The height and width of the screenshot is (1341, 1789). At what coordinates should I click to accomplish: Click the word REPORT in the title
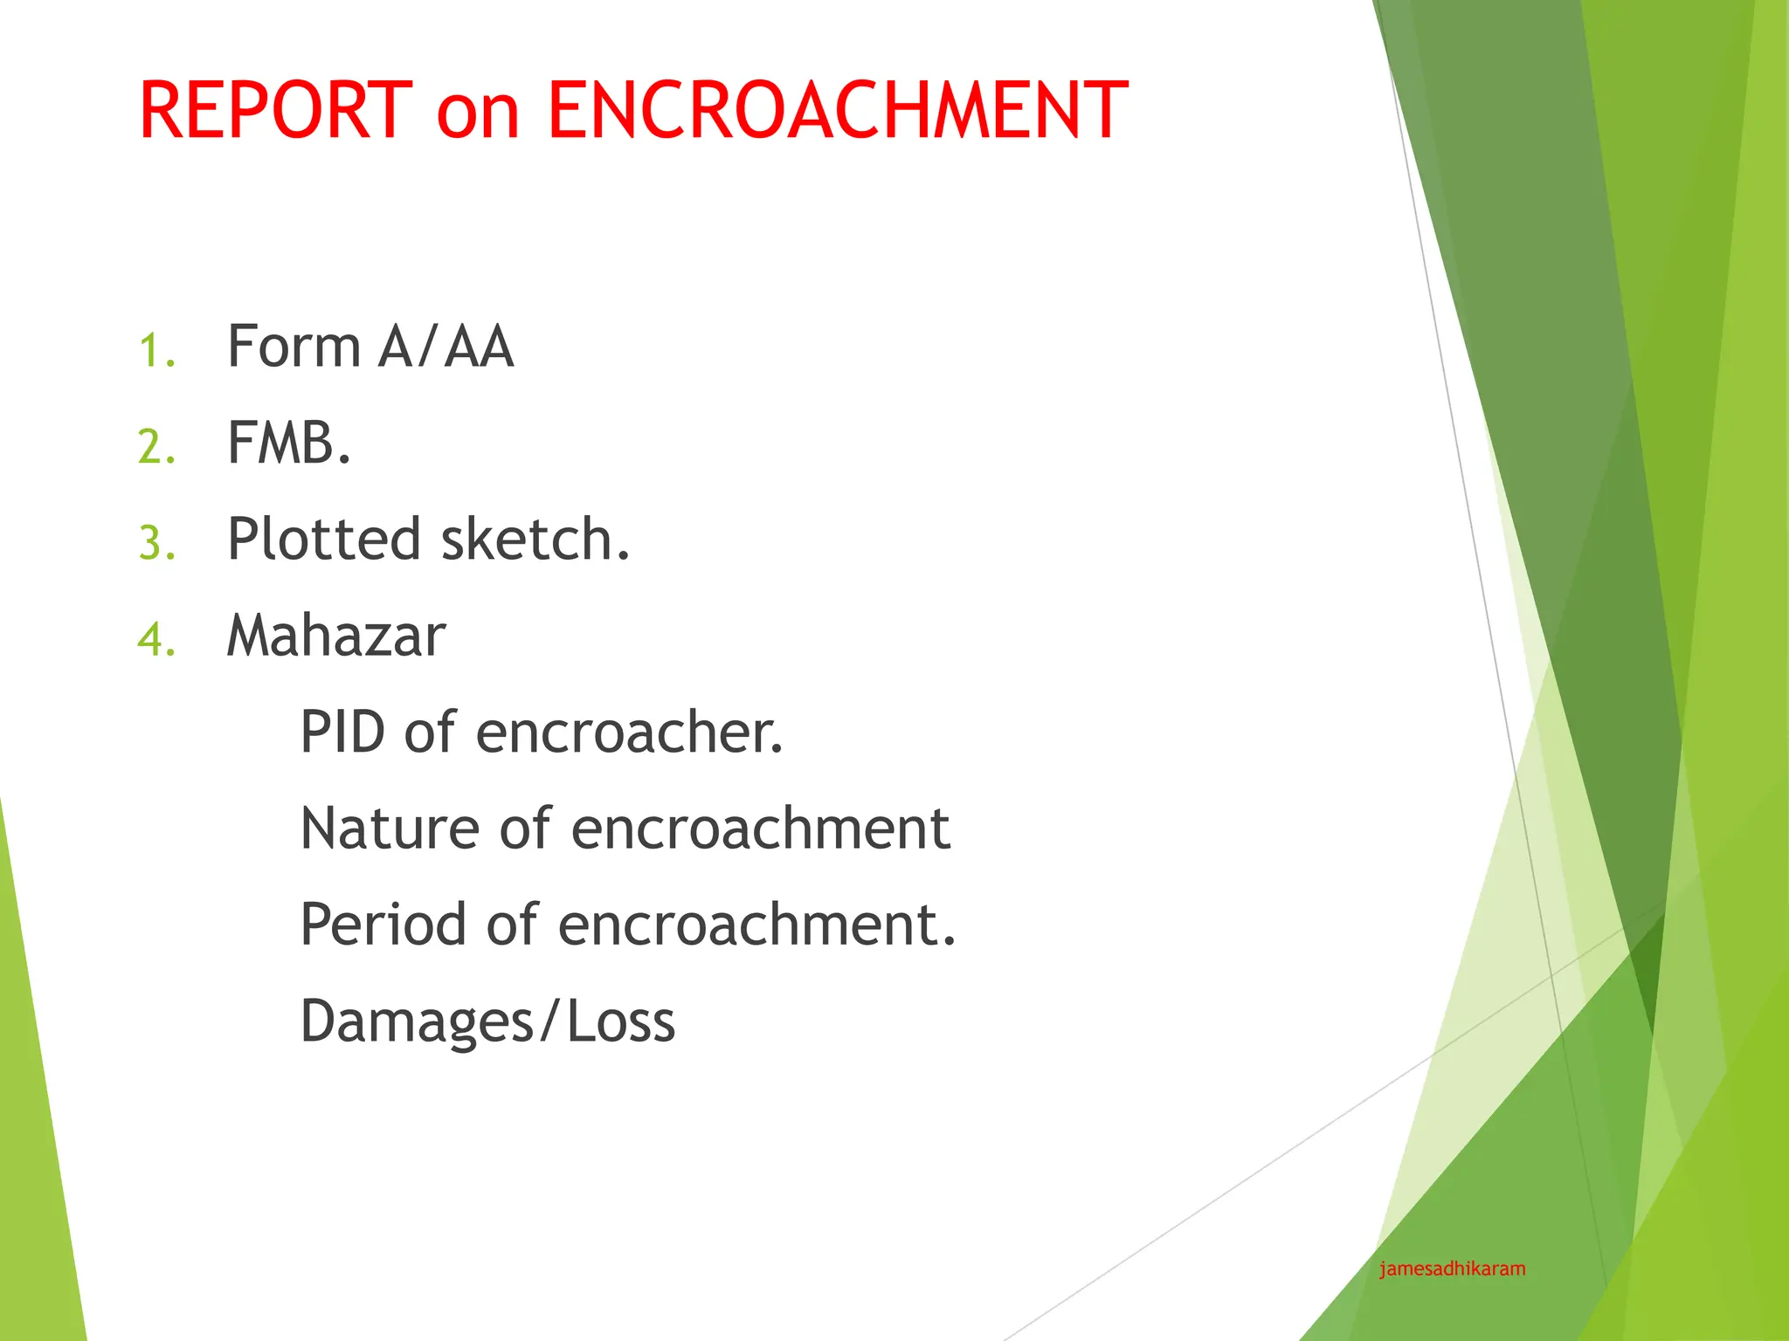tap(275, 111)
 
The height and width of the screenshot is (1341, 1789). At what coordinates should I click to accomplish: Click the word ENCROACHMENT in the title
tap(837, 111)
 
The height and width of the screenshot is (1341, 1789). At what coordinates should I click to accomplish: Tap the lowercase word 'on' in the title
tap(478, 113)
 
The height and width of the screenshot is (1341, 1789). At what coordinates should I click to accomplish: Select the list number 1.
tap(156, 351)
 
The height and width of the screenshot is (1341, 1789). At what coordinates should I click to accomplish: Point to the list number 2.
tap(156, 447)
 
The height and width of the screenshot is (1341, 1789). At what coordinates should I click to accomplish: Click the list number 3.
tap(156, 543)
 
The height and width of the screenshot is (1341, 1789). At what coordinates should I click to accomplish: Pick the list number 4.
tap(156, 639)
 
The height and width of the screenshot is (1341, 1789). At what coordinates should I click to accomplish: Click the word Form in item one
tap(294, 347)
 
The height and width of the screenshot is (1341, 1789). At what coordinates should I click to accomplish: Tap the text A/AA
tap(446, 347)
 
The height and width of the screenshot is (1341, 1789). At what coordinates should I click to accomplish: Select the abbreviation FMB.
tap(288, 443)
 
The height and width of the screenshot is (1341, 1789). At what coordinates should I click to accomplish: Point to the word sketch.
tap(535, 539)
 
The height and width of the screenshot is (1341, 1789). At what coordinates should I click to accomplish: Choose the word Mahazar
tap(336, 636)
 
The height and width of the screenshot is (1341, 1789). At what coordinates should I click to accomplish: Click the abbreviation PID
tap(342, 732)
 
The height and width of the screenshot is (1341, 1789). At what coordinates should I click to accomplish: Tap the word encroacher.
tap(629, 732)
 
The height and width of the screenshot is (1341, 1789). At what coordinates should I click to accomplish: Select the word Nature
tap(390, 828)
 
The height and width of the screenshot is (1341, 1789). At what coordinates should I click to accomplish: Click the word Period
tap(383, 924)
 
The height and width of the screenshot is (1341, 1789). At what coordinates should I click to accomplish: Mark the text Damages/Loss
tap(487, 1021)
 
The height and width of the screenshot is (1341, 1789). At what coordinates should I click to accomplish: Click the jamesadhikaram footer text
tap(1452, 1269)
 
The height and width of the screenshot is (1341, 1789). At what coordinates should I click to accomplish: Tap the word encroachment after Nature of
tap(760, 828)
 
